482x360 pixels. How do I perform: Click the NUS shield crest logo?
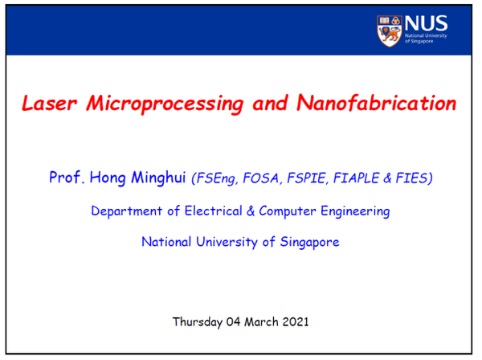(x=390, y=31)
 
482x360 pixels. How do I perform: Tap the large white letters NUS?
(x=426, y=23)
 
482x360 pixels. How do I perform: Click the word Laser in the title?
(x=49, y=103)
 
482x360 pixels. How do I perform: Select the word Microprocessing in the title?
(x=165, y=104)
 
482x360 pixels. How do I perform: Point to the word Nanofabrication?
(x=376, y=103)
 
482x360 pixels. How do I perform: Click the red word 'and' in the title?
(x=270, y=104)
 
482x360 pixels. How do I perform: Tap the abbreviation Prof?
(x=67, y=177)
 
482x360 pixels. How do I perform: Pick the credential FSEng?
(x=214, y=178)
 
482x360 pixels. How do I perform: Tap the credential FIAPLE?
(x=356, y=178)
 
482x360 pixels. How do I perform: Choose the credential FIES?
(x=414, y=178)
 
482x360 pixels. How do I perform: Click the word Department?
(x=127, y=211)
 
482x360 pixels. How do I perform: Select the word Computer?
(x=288, y=211)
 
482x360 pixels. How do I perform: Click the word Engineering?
(x=355, y=211)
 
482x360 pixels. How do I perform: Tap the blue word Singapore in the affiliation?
(x=309, y=242)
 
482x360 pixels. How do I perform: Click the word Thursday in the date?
(x=198, y=322)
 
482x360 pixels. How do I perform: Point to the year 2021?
(x=296, y=321)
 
